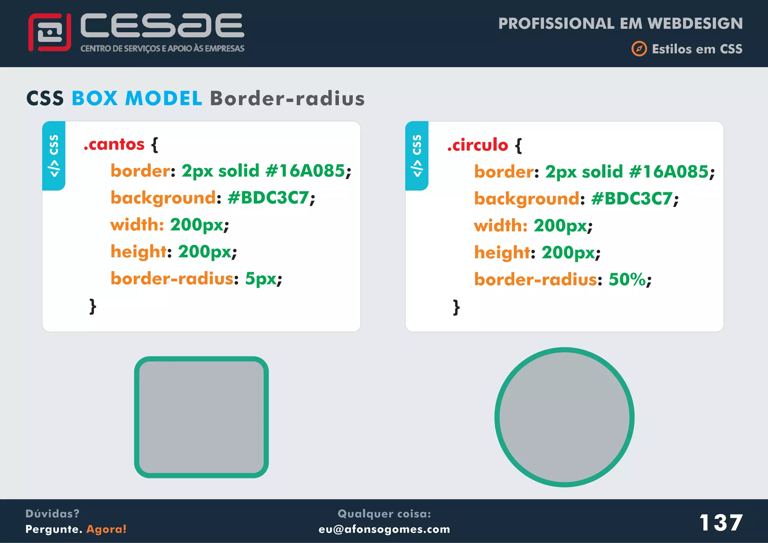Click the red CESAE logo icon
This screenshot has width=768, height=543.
point(49,32)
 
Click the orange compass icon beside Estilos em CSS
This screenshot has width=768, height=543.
point(639,49)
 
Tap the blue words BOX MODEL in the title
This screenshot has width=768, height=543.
point(137,98)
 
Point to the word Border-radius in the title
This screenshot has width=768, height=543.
point(287,98)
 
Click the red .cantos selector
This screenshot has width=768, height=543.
point(114,144)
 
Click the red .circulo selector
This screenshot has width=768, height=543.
point(478,145)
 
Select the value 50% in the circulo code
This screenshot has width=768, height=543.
point(627,279)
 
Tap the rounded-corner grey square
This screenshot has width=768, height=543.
point(201,417)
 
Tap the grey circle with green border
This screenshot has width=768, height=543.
point(564,417)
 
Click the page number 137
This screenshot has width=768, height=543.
point(721,522)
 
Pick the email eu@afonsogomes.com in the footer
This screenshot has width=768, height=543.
point(384,529)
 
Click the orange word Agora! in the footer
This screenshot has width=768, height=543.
point(106,529)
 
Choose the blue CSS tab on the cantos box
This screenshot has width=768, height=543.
point(54,156)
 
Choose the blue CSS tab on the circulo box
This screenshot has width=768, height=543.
point(417,156)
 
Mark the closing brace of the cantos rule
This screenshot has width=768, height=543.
point(93,306)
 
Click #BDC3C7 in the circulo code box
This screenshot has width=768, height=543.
point(632,199)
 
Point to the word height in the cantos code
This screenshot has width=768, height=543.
point(138,252)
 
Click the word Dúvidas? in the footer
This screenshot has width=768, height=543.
point(52,513)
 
